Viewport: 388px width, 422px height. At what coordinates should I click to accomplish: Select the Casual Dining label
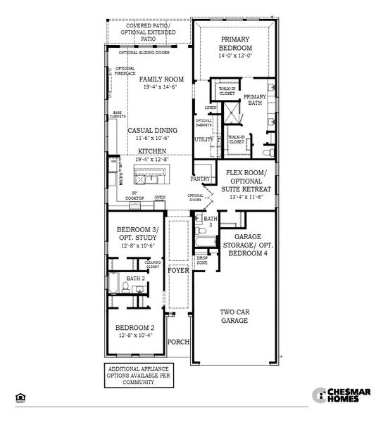(152, 131)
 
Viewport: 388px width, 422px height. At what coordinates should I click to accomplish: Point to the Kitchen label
(151, 151)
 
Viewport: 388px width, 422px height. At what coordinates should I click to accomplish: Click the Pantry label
(200, 179)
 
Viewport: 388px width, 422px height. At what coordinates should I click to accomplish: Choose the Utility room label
(204, 139)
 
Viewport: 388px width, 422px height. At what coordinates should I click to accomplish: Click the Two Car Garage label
(236, 315)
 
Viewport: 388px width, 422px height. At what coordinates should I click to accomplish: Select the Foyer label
(179, 270)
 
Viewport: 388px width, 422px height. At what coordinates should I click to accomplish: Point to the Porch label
(179, 342)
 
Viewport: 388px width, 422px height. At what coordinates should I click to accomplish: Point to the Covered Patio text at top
(146, 25)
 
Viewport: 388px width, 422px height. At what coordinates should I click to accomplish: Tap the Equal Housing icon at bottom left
(20, 397)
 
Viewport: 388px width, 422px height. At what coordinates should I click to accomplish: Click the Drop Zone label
(202, 260)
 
